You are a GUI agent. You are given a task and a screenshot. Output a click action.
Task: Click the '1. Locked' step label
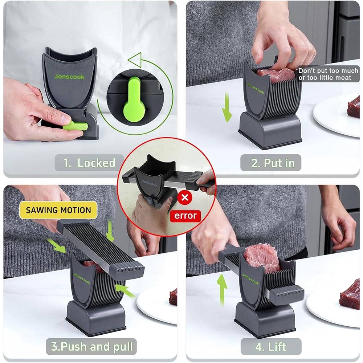(85, 163)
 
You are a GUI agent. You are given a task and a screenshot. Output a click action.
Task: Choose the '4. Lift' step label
(270, 347)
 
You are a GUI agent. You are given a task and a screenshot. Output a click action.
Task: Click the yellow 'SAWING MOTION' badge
(58, 210)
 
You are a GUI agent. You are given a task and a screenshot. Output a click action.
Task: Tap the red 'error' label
(185, 216)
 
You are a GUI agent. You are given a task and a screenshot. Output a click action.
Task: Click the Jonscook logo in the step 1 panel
(69, 77)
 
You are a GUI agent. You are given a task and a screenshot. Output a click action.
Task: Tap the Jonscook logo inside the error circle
(149, 183)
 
